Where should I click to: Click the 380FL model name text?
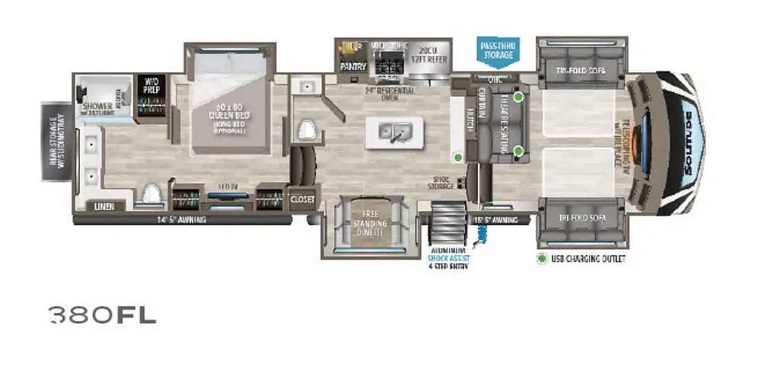click(x=103, y=314)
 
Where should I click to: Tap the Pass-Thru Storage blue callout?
click(x=498, y=51)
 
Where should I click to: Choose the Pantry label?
click(x=352, y=67)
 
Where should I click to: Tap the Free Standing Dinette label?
click(x=370, y=224)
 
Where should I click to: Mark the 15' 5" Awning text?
click(x=495, y=220)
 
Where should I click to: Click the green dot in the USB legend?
click(x=543, y=259)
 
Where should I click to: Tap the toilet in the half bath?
click(x=307, y=131)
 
